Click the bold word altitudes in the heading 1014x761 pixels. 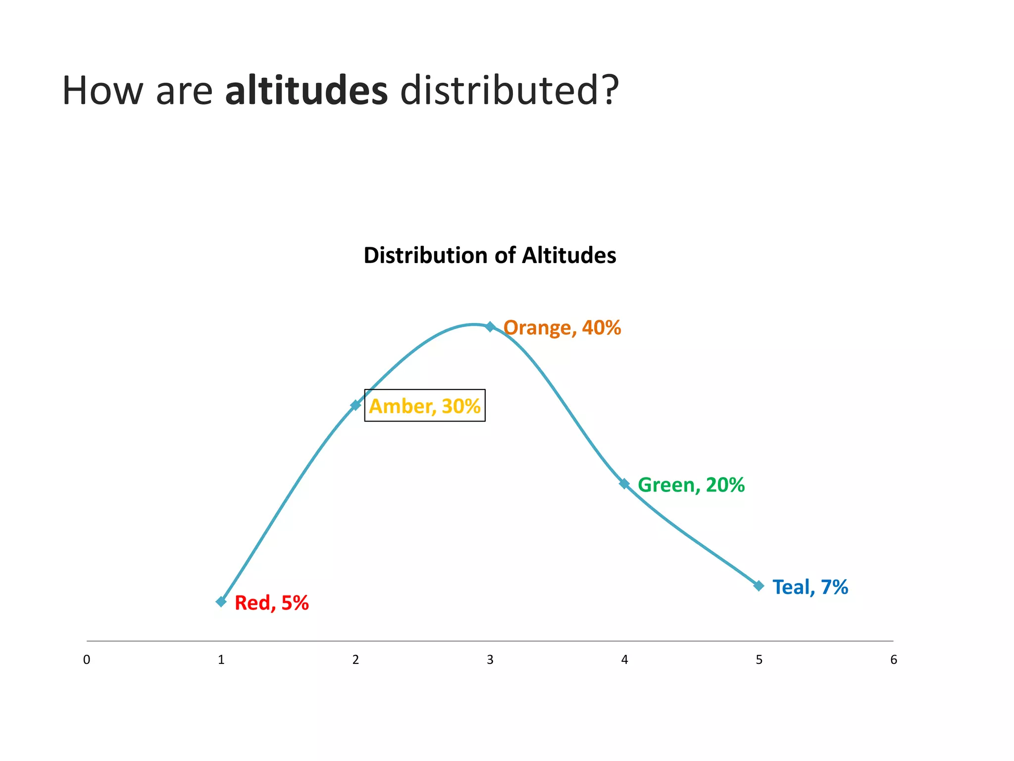coord(306,91)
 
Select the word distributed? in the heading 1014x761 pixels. coord(509,91)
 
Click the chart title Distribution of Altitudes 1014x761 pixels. coord(490,256)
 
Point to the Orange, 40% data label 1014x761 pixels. coord(562,328)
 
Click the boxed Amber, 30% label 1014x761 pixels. coord(425,406)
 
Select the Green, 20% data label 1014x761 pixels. coord(691,485)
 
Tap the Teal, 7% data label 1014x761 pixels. coord(810,587)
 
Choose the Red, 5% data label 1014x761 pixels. coord(271,603)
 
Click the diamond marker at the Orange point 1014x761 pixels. coord(490,326)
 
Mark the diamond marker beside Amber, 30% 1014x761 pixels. coord(355,405)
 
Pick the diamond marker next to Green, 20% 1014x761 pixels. coord(624,484)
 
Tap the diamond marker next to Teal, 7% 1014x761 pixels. coord(759,586)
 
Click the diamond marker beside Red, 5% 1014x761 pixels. coord(221,602)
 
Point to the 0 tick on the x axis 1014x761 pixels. coord(87,660)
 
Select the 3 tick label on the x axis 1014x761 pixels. coord(490,660)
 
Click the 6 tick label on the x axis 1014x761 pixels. coord(894,660)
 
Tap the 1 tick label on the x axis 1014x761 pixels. coord(221,660)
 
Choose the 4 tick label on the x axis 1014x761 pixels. coord(625,660)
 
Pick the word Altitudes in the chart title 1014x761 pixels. coord(569,256)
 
